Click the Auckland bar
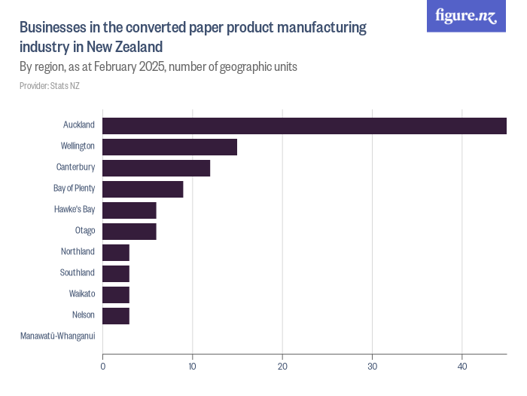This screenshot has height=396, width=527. click(304, 125)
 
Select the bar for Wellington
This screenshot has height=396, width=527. click(169, 146)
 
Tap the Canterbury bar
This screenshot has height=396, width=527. click(156, 167)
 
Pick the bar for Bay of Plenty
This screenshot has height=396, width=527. click(142, 189)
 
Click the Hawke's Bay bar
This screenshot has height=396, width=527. click(129, 210)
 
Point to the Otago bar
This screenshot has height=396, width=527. click(129, 231)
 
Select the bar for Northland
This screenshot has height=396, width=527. click(116, 252)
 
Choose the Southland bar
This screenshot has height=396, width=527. click(116, 273)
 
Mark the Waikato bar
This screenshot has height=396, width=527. click(116, 294)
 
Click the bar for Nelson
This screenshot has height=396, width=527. click(116, 315)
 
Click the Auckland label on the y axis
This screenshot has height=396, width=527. click(79, 124)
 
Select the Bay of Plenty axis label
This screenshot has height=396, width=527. click(74, 188)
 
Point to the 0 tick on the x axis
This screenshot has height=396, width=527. click(102, 367)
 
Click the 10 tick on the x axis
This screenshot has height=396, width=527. click(193, 367)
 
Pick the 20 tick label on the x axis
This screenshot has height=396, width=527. click(282, 367)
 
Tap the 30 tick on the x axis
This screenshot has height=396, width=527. click(372, 367)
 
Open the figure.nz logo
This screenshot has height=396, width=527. click(466, 16)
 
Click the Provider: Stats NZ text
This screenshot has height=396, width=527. click(49, 86)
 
